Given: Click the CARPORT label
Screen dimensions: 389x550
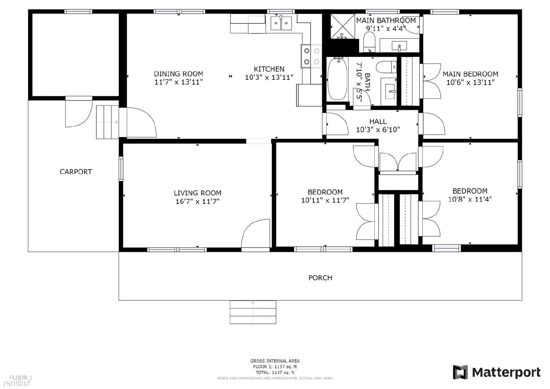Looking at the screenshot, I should tap(76, 172).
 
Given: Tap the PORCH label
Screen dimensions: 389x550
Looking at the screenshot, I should tap(320, 278).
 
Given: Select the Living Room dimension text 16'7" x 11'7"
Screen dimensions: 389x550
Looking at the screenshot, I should tap(197, 202).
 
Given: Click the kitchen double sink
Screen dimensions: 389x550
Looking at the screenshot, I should tap(281, 23).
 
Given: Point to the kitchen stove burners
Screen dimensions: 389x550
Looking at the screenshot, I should tap(311, 56).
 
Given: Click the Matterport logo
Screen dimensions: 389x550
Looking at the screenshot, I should tap(497, 372).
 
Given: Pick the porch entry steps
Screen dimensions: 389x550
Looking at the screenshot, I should tap(253, 312).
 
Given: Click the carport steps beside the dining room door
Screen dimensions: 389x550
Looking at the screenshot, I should tap(107, 122).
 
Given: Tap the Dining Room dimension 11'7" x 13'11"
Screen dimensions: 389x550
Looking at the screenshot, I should tap(178, 82).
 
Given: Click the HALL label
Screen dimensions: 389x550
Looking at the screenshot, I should tap(378, 121).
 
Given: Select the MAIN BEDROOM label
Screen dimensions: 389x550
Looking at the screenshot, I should tap(470, 74).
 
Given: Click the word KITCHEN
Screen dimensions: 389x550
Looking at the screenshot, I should tap(269, 69).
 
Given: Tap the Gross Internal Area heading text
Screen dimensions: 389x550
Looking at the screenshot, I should tap(275, 361).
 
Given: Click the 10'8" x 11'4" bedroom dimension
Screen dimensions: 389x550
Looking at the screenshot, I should tap(470, 199).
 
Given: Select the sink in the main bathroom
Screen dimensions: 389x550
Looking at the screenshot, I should tap(399, 45).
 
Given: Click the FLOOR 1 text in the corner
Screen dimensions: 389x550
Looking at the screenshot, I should tap(21, 378).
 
